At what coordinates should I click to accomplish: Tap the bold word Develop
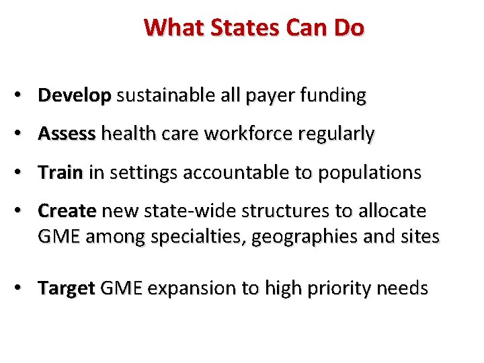74,96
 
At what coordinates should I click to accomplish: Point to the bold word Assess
67,134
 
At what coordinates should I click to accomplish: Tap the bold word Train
60,173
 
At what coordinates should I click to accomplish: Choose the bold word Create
67,211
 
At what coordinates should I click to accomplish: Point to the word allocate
391,211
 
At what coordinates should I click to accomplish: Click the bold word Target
67,288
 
